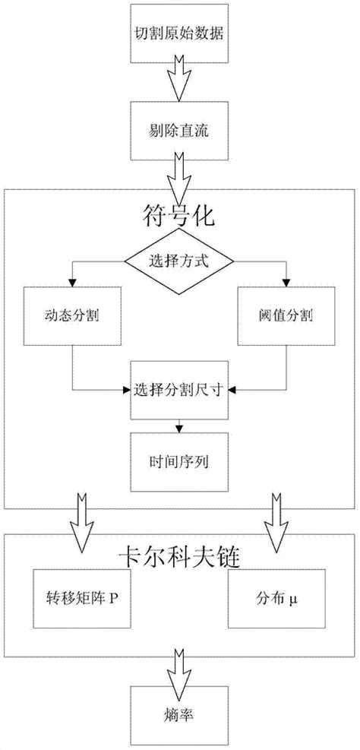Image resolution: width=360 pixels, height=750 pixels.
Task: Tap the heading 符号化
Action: coord(179,219)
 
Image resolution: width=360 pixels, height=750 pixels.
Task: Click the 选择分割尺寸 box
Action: coord(179,390)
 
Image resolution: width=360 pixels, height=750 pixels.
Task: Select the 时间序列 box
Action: coord(179,460)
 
